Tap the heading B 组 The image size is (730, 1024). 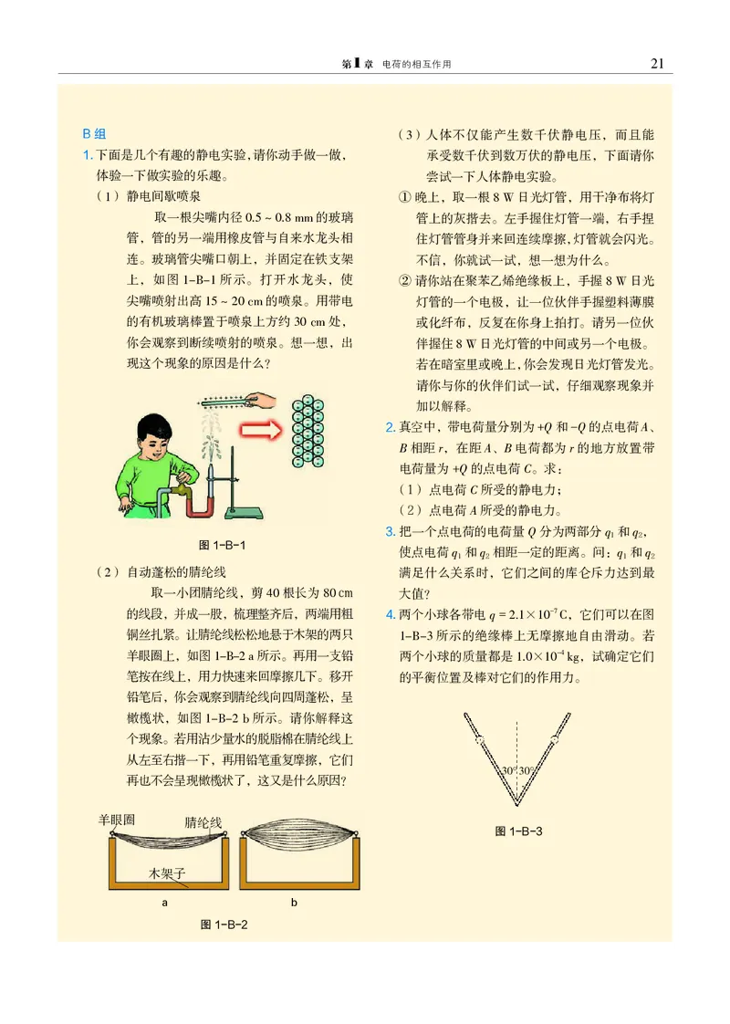(x=95, y=133)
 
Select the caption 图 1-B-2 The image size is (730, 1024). (x=224, y=924)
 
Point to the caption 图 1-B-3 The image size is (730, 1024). (x=519, y=831)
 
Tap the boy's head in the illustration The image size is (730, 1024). (x=144, y=434)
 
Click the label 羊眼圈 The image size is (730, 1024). (x=117, y=819)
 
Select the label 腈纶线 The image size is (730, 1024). (x=203, y=821)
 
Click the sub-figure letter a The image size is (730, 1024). (x=164, y=903)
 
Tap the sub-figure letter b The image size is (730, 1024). (x=295, y=903)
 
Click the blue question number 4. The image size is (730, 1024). (x=391, y=614)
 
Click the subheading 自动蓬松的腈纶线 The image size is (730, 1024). (x=174, y=572)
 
